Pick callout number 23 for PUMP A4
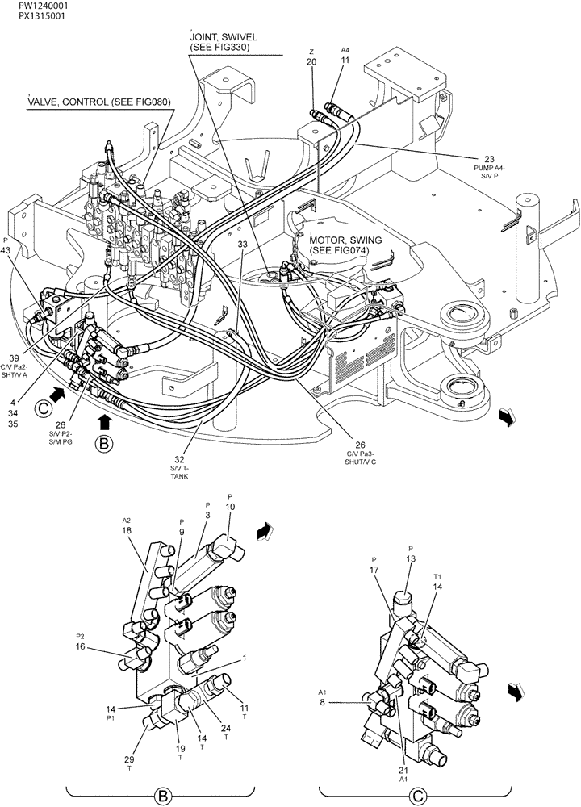point(489,158)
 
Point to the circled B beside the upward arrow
point(103,443)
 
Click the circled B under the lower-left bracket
point(164,797)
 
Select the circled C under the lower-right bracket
point(418,797)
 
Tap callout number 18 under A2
point(127,530)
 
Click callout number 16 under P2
point(82,646)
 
